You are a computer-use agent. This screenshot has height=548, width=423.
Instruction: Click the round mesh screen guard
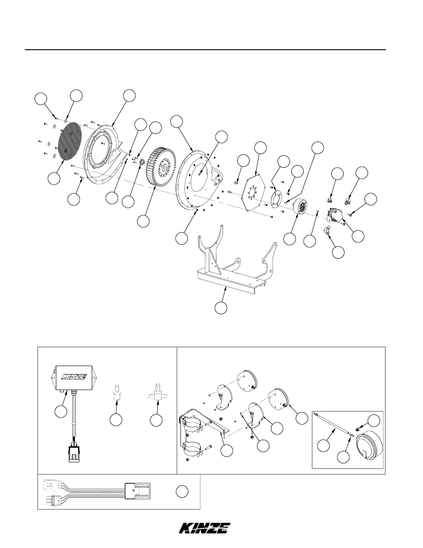coord(70,142)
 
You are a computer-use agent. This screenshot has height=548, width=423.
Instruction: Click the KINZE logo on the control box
coord(74,377)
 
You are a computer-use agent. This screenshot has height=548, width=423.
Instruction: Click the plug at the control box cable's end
coord(74,454)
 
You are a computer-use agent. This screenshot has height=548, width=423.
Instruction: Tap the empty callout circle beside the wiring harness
coord(182,492)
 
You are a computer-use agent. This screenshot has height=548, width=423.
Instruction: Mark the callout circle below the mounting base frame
coord(221,308)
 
